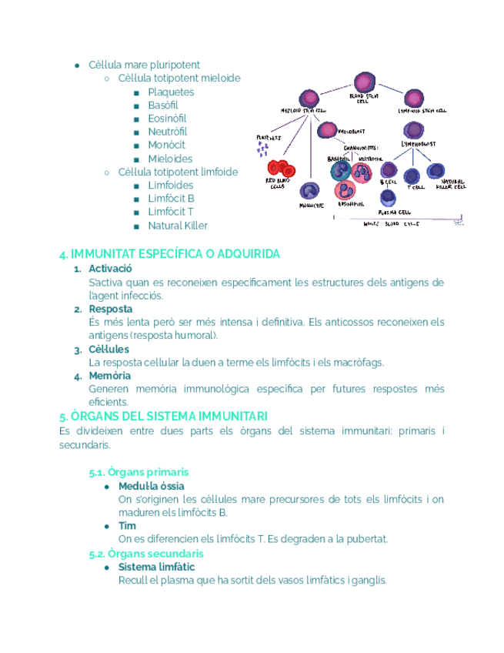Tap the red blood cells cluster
pyautogui.click(x=279, y=169)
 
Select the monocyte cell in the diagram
pyautogui.click(x=309, y=191)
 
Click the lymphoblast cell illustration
pyautogui.click(x=414, y=130)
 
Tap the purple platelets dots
pyautogui.click(x=263, y=149)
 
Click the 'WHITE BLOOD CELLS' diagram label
pyautogui.click(x=391, y=224)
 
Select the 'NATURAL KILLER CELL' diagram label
pyautogui.click(x=450, y=184)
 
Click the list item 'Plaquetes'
pyautogui.click(x=171, y=92)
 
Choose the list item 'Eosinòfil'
pyautogui.click(x=167, y=119)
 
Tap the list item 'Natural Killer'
pyautogui.click(x=178, y=226)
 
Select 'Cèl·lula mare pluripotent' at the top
pyautogui.click(x=144, y=65)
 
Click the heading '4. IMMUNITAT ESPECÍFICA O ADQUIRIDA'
pyautogui.click(x=169, y=254)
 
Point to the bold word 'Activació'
pyautogui.click(x=110, y=269)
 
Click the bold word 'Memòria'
pyautogui.click(x=109, y=376)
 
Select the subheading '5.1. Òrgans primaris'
pyautogui.click(x=139, y=472)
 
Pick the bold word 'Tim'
pyautogui.click(x=127, y=526)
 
